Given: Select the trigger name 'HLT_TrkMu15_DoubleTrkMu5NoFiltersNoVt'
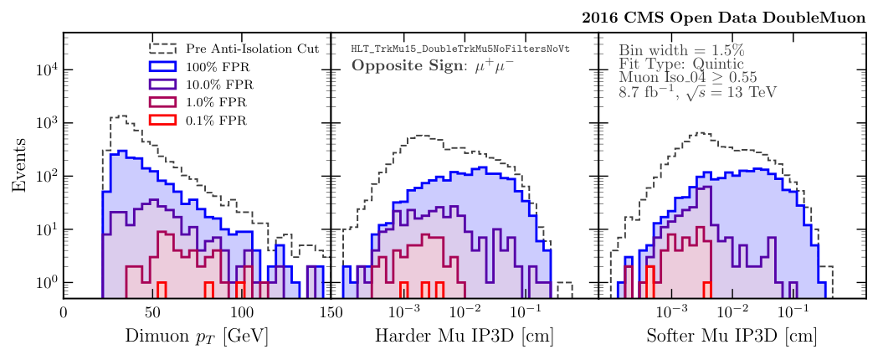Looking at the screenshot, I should pos(460,49).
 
